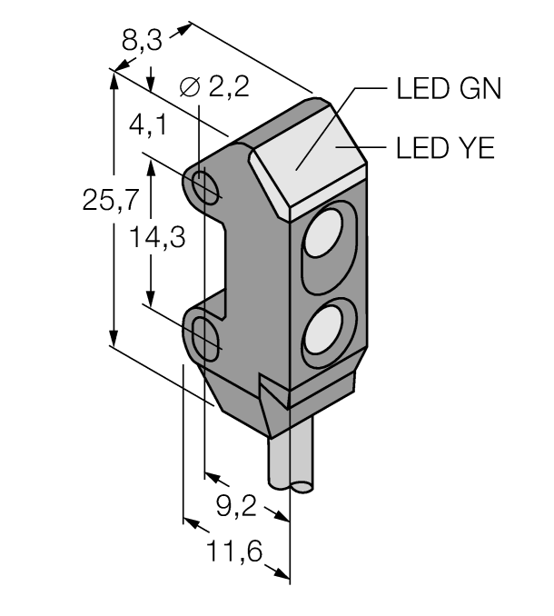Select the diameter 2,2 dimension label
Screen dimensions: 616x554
(215, 88)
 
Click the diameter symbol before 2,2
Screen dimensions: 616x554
(189, 88)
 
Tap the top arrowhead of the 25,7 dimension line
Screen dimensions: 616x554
(114, 77)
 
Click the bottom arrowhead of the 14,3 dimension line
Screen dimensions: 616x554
(151, 301)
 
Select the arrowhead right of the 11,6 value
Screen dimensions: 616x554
(283, 571)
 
